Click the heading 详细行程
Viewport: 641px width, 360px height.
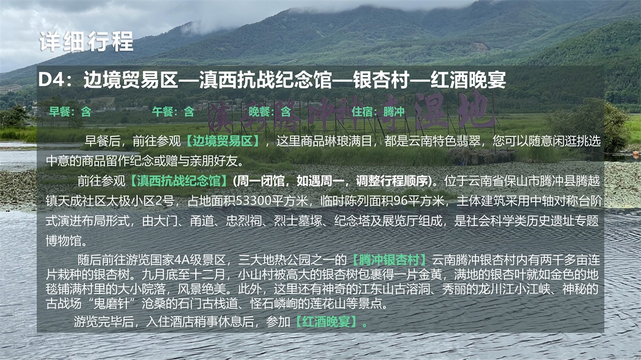86,42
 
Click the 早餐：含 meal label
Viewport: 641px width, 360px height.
70,111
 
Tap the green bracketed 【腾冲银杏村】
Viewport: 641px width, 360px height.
388,260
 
